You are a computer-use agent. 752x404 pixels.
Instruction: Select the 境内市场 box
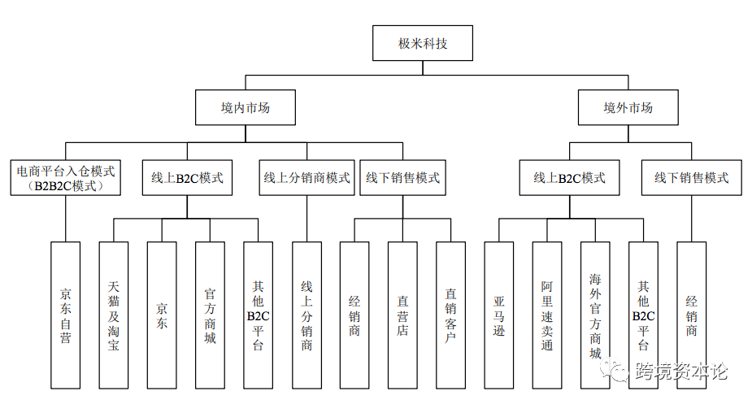(x=245, y=107)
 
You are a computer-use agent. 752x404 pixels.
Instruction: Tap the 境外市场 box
(x=627, y=107)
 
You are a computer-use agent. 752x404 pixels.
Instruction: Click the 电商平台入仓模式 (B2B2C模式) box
(x=66, y=178)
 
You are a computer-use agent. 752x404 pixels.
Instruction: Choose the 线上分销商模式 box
(x=306, y=178)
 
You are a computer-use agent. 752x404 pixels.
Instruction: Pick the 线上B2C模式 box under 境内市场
(x=187, y=178)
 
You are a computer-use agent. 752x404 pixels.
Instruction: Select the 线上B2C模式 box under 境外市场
(x=569, y=178)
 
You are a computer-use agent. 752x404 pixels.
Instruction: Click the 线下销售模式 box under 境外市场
(x=691, y=178)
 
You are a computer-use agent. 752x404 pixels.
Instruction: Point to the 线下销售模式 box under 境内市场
(x=402, y=178)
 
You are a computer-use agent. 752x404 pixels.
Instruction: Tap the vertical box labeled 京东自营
(x=66, y=314)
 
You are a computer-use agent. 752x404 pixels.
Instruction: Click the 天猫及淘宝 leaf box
(x=114, y=314)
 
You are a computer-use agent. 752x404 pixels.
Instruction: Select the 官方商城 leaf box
(x=210, y=314)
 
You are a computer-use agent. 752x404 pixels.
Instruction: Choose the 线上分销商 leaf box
(x=306, y=314)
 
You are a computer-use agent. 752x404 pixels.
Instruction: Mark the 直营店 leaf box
(x=402, y=314)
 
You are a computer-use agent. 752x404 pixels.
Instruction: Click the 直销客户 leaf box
(x=450, y=314)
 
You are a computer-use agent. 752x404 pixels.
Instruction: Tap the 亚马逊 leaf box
(x=498, y=314)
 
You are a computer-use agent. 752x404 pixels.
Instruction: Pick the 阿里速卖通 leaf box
(x=546, y=314)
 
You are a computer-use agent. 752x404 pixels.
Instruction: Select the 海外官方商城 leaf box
(x=595, y=314)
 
